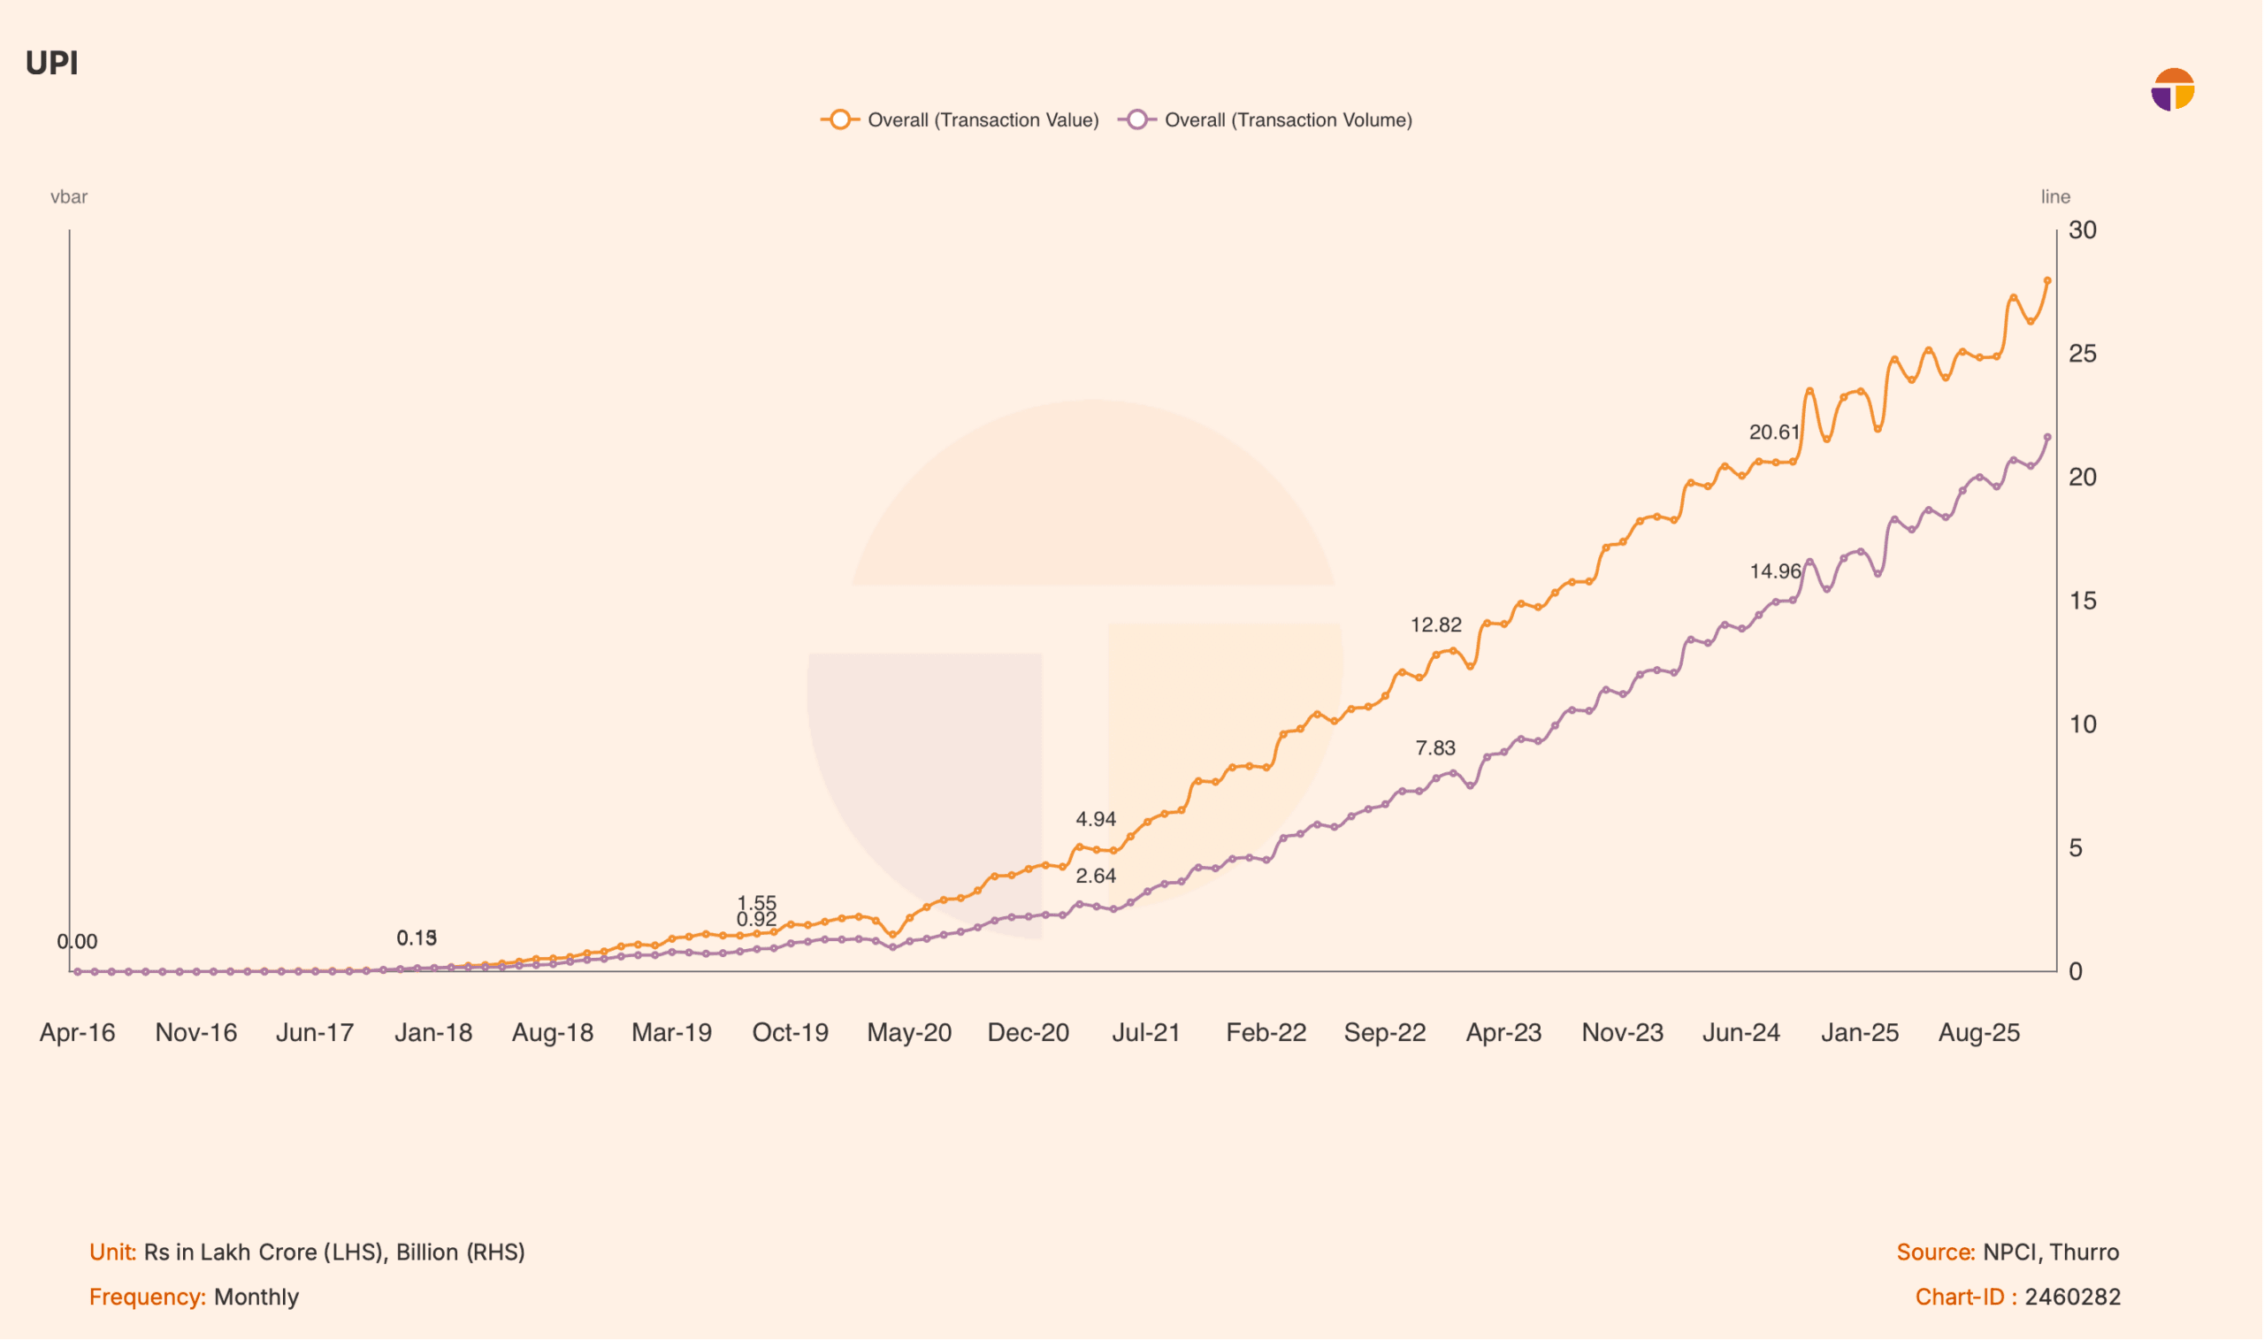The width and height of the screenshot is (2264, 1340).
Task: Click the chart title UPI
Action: (x=51, y=63)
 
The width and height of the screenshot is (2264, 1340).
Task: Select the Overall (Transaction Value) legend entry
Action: (x=960, y=120)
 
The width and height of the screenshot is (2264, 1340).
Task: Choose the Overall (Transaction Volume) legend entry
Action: (x=1266, y=120)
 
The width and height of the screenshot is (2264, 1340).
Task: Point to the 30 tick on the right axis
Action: (x=2083, y=231)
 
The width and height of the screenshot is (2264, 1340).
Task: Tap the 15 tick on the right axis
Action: (x=2083, y=601)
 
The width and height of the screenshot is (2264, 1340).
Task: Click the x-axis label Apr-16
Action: (x=78, y=1033)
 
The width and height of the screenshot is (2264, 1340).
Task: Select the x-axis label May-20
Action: (x=909, y=1033)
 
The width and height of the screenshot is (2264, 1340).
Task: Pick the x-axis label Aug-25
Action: (x=1979, y=1033)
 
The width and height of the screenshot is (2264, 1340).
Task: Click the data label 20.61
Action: (x=1775, y=433)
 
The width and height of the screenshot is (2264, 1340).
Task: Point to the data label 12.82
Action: (x=1436, y=625)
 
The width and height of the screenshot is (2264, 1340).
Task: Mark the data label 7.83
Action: (x=1435, y=748)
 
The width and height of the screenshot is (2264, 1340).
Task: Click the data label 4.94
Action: (x=1096, y=820)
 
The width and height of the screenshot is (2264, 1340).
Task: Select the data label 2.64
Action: (x=1096, y=877)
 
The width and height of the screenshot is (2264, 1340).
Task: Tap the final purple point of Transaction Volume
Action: (x=2048, y=438)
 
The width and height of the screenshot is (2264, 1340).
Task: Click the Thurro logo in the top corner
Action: (x=2173, y=89)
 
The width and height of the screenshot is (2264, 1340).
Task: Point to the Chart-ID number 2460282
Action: (x=2073, y=1298)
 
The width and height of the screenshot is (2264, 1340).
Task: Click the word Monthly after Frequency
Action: (x=256, y=1298)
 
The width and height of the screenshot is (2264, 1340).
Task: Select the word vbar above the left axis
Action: (x=69, y=197)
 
